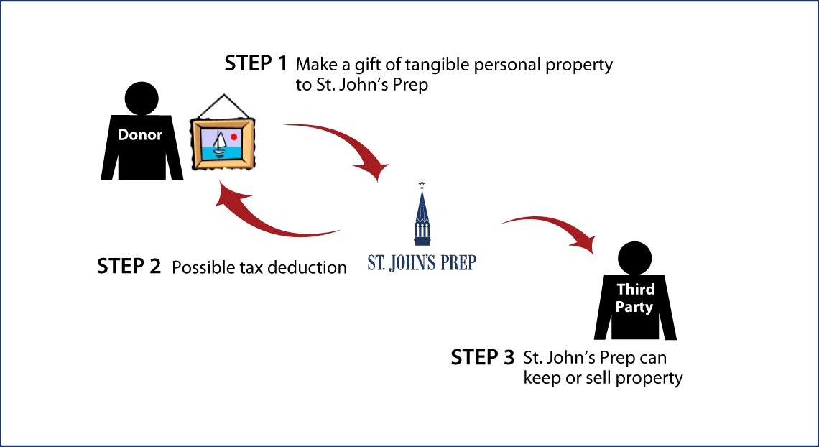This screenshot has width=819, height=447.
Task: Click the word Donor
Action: pos(140,135)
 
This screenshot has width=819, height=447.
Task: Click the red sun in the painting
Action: pos(234,137)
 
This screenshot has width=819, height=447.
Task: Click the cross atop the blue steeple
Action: pos(422,185)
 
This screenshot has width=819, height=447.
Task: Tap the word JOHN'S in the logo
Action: pos(410,262)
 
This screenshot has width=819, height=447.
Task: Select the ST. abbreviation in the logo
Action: pos(377,262)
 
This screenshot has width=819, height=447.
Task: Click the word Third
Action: pos(636,290)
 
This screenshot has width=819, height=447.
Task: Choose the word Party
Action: pos(634,308)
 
